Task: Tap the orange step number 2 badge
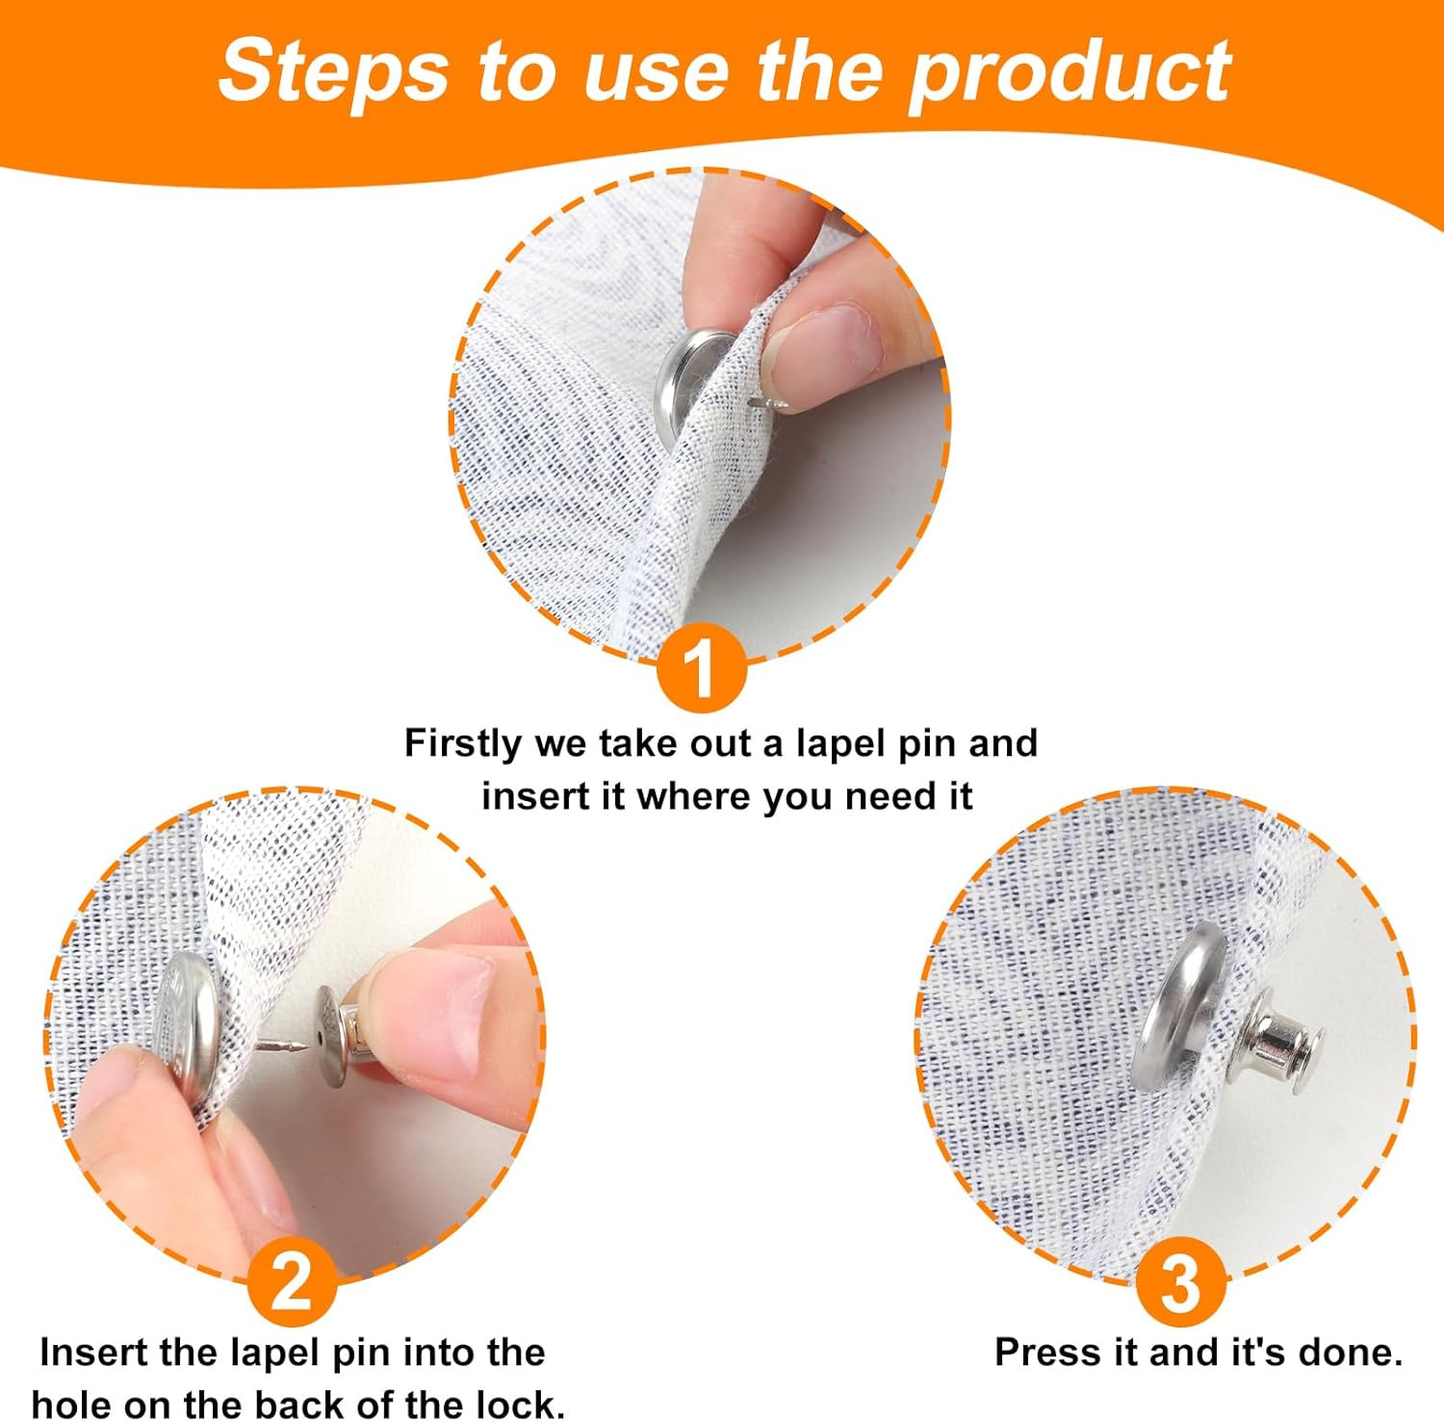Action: coord(293,1281)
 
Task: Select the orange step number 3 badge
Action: coord(1180,1281)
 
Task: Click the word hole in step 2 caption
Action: coord(71,1404)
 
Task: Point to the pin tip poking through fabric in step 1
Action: coord(771,402)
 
